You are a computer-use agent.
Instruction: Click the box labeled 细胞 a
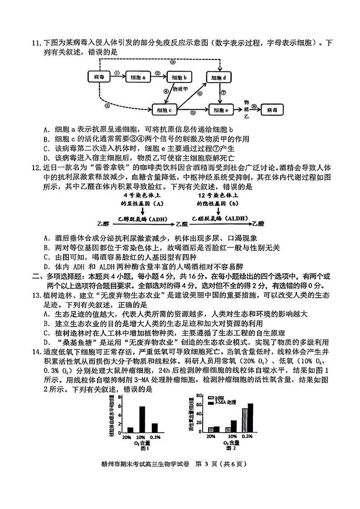[x=140, y=78]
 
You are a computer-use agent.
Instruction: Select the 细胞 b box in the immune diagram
[x=180, y=78]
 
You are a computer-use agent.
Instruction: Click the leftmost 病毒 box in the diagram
[x=99, y=78]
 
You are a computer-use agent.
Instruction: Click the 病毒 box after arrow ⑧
[x=276, y=110]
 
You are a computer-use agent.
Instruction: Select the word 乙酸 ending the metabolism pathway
[x=258, y=223]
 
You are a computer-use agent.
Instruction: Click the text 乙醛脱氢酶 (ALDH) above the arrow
[x=219, y=218]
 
